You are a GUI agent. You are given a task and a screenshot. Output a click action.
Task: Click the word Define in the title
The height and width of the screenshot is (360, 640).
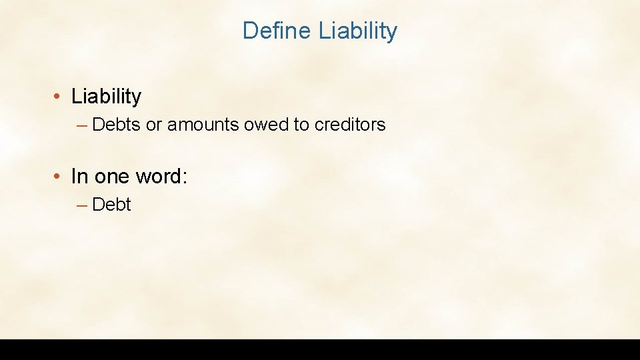click(x=277, y=31)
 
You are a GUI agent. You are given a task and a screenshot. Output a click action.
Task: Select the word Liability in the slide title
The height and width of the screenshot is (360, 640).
click(x=358, y=31)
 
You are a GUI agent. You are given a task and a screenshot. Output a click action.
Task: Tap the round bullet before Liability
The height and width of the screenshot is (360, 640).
click(x=59, y=97)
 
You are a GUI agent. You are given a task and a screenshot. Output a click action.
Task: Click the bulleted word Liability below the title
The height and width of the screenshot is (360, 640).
click(x=106, y=97)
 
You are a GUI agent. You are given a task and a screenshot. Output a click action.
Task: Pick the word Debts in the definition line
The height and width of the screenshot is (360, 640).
click(x=117, y=125)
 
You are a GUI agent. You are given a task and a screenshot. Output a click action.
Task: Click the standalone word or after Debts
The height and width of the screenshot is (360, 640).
click(x=154, y=125)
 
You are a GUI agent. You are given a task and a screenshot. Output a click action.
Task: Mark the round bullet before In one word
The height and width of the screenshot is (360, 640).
click(x=59, y=177)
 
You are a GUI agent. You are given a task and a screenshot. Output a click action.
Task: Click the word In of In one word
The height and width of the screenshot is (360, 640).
click(x=79, y=177)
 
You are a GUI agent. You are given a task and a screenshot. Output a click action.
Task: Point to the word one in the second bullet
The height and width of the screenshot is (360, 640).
click(x=113, y=177)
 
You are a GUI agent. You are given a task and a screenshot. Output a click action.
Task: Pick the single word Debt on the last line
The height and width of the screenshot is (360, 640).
click(x=112, y=205)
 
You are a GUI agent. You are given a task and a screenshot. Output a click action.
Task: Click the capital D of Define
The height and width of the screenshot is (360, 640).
click(x=249, y=31)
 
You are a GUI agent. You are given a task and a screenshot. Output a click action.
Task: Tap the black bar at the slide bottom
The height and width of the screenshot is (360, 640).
click(x=320, y=349)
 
